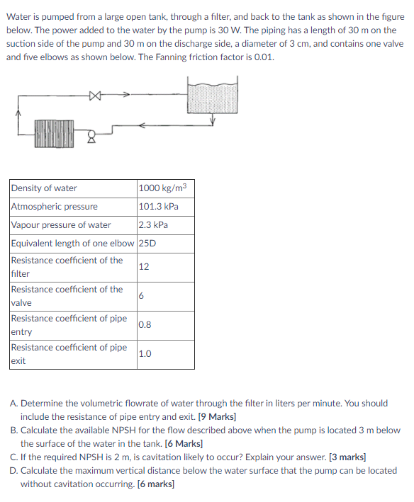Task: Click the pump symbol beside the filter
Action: (x=91, y=135)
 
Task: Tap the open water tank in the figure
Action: (x=212, y=93)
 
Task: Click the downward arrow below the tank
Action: (x=212, y=121)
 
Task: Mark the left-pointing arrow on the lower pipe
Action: (x=142, y=126)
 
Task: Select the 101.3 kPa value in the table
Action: (x=159, y=207)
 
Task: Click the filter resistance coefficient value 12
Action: (x=145, y=267)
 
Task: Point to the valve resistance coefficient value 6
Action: (x=142, y=296)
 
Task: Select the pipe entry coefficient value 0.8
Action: (x=146, y=325)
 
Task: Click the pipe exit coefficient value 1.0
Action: (x=145, y=354)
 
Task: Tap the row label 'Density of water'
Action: (x=44, y=188)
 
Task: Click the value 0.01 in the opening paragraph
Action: (x=264, y=57)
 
